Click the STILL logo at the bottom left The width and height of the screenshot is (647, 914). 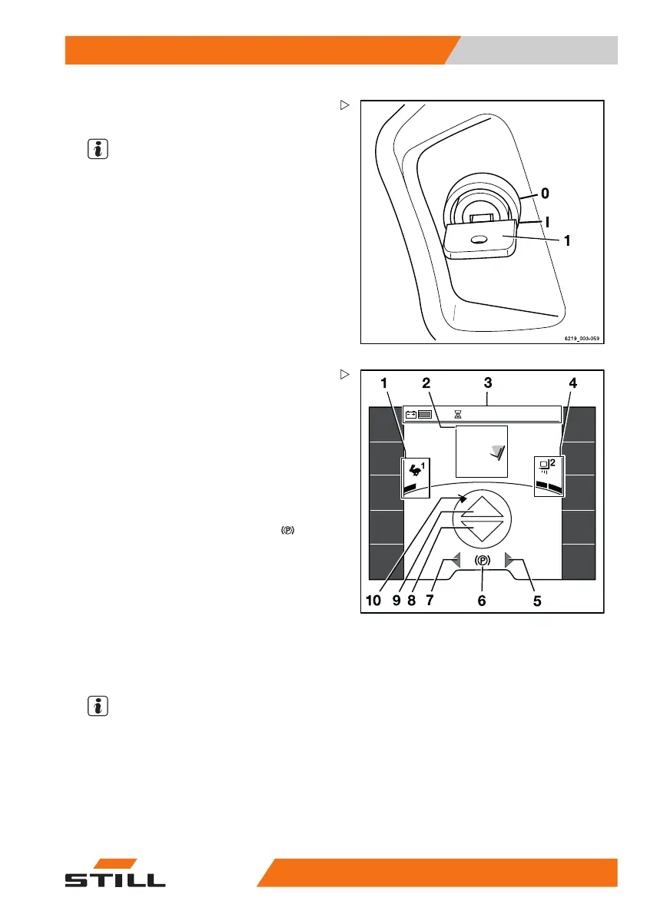click(114, 874)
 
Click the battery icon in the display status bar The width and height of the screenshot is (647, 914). click(411, 414)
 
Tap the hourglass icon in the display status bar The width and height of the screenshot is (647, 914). click(458, 413)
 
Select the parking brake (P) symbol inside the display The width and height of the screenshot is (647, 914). click(482, 561)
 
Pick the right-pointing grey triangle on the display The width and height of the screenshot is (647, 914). click(509, 561)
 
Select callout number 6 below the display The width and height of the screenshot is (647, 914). click(482, 601)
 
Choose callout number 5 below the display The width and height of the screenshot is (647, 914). click(537, 601)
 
